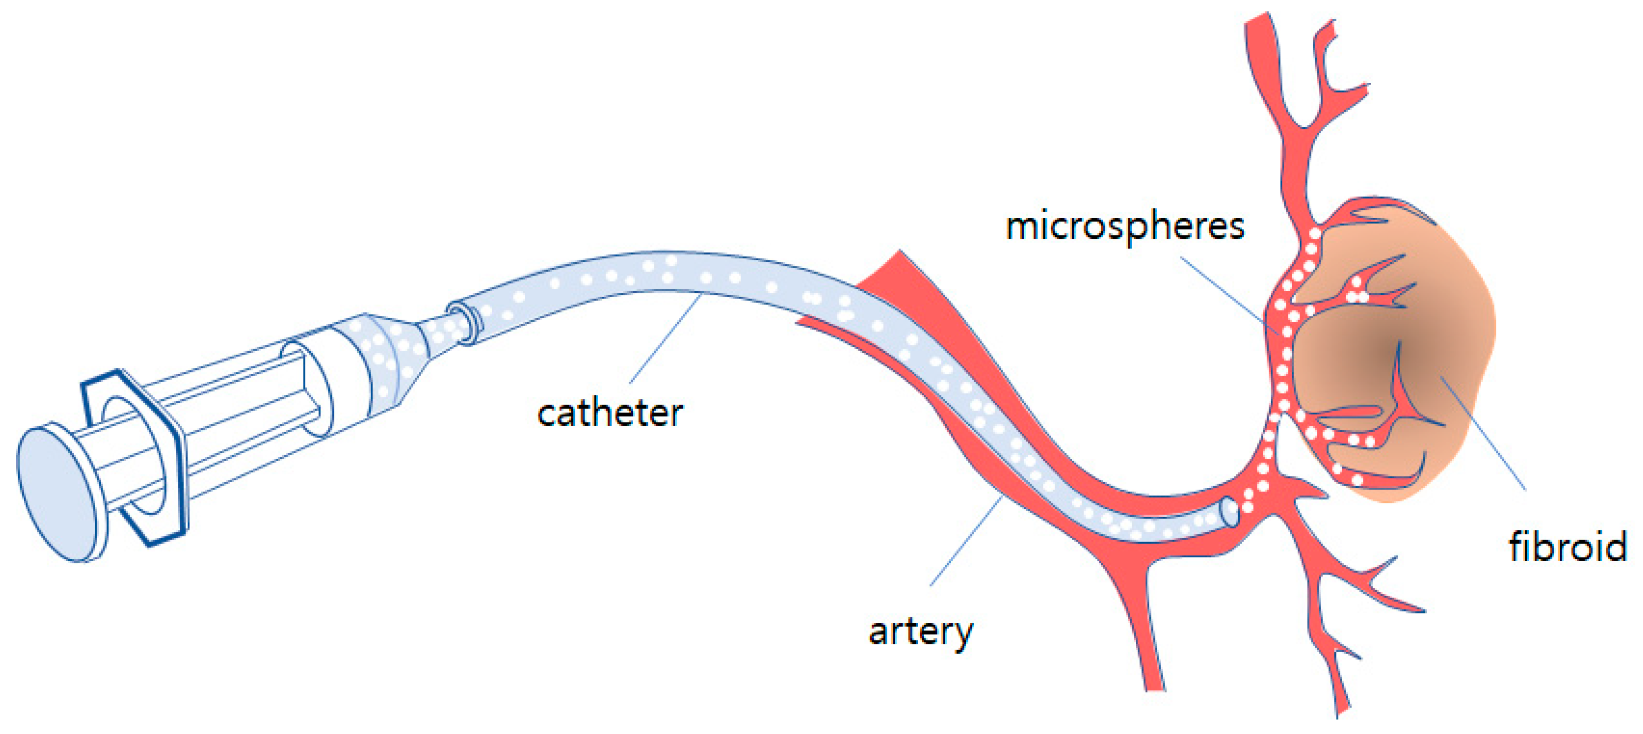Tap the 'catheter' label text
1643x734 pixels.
pyautogui.click(x=610, y=414)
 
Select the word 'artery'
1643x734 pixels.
pyautogui.click(x=920, y=632)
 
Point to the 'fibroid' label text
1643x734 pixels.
pyautogui.click(x=1567, y=548)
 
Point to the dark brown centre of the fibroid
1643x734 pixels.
pyautogui.click(x=1384, y=348)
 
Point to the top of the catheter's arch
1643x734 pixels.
pyautogui.click(x=663, y=271)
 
